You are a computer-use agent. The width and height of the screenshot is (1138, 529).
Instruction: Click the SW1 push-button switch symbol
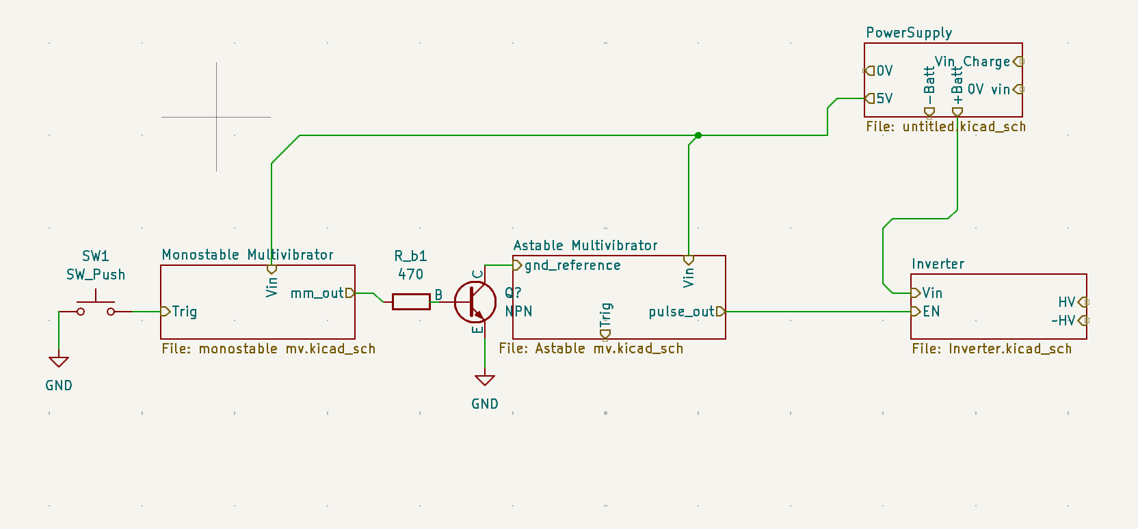click(96, 306)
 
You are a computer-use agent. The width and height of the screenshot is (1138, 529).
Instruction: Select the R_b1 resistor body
click(411, 302)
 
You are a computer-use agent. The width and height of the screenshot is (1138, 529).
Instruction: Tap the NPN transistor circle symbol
click(475, 302)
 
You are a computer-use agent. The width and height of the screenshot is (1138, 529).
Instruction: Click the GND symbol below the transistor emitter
click(485, 380)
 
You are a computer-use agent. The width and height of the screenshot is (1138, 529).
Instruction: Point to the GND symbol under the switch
click(59, 362)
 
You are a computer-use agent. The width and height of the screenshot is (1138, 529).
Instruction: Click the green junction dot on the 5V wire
click(698, 135)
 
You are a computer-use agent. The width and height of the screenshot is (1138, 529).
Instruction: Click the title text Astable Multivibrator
click(585, 246)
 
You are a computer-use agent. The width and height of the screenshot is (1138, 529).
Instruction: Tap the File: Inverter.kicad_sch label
click(992, 349)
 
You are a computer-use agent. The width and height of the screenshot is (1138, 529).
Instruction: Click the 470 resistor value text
click(410, 275)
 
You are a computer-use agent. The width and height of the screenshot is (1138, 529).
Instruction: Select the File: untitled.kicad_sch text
click(946, 126)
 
